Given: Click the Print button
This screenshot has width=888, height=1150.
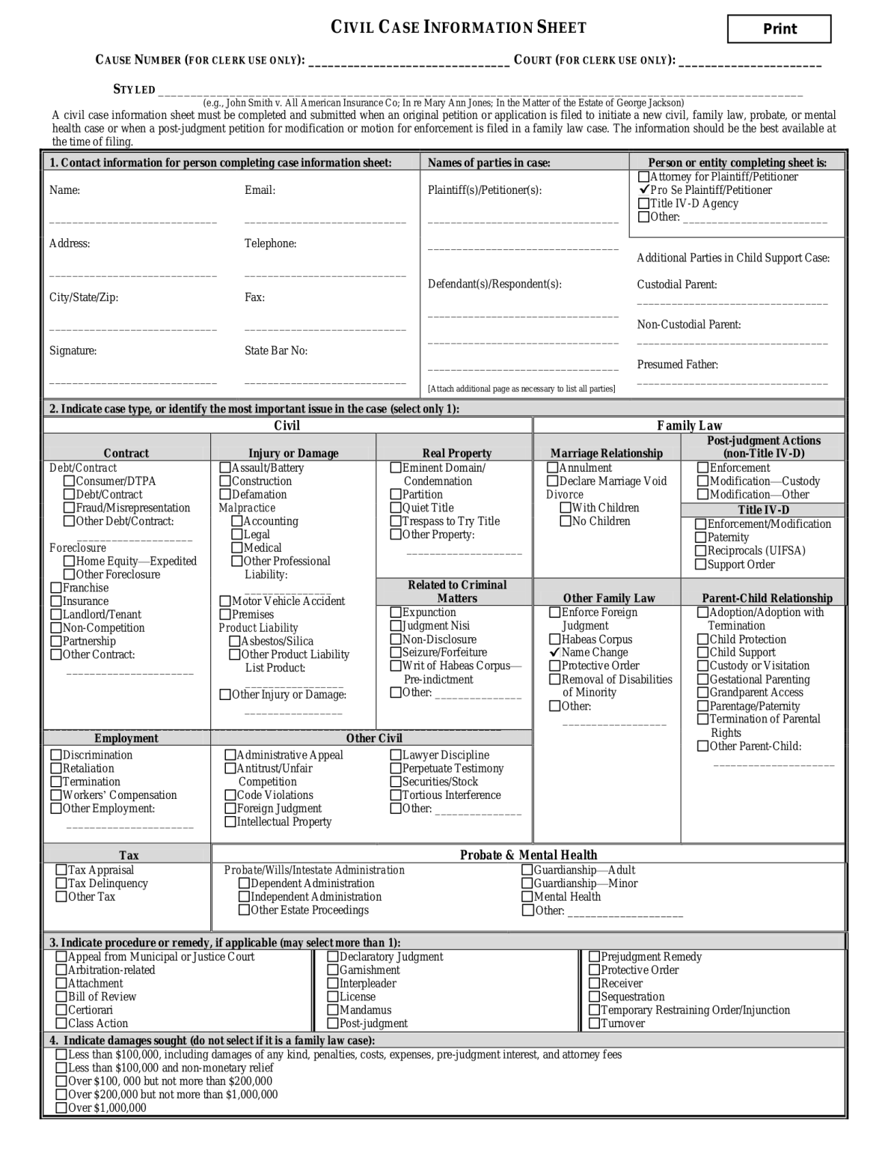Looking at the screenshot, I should (779, 29).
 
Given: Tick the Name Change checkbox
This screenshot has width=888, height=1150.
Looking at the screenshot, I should (555, 652).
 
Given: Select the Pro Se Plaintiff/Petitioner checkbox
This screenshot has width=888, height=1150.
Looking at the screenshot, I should (643, 190).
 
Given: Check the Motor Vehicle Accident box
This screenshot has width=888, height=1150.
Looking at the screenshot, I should (225, 601).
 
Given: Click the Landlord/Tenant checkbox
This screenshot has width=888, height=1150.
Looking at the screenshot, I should (56, 615).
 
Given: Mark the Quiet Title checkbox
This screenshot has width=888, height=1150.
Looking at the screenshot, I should (396, 508).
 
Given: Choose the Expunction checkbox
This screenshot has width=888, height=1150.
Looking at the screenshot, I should (396, 612).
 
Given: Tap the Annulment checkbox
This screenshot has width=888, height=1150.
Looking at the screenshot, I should (553, 468).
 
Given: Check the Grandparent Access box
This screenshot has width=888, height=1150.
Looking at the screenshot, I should (703, 693).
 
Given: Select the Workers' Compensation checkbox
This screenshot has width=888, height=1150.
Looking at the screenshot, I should (56, 795).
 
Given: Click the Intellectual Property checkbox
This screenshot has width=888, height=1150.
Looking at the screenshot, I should (230, 822).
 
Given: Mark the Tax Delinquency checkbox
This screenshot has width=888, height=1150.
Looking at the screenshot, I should (61, 883).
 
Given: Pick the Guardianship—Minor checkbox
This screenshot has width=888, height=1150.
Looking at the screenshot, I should (528, 883).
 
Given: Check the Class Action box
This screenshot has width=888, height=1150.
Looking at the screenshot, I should (61, 1023).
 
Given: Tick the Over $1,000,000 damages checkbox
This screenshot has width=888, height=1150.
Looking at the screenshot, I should (61, 1108).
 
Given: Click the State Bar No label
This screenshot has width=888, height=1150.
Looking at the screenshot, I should (276, 351).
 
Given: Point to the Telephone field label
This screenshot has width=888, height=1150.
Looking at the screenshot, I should (270, 244).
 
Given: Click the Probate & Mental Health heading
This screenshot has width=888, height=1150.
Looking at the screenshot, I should (528, 855).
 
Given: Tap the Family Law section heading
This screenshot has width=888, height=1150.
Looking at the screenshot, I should (689, 426).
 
